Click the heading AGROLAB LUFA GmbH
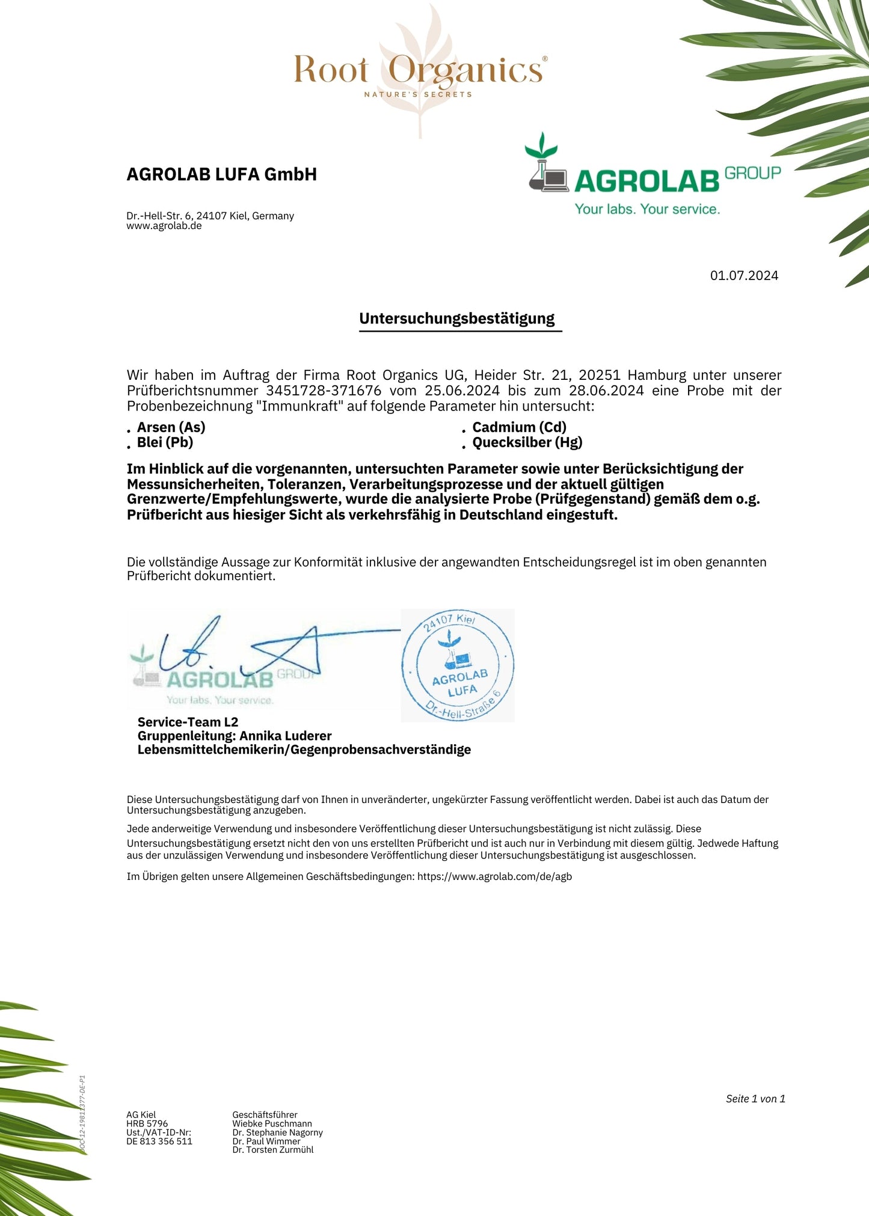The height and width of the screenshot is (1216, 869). click(x=221, y=174)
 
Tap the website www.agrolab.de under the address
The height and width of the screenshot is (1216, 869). click(x=164, y=226)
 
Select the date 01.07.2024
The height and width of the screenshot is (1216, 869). click(x=744, y=275)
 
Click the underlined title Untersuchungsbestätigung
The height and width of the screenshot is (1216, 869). click(x=457, y=319)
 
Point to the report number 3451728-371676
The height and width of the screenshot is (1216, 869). click(x=324, y=391)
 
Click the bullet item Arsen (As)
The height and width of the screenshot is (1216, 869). click(x=171, y=427)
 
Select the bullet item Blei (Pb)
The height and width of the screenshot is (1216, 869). click(x=165, y=442)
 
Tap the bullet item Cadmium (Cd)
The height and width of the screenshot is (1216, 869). click(x=519, y=427)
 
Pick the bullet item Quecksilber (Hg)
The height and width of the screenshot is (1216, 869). click(x=527, y=442)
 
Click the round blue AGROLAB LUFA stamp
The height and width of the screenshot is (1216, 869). click(x=458, y=665)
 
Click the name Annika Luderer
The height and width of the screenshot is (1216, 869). click(x=286, y=736)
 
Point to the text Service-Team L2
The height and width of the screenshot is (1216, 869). click(x=188, y=722)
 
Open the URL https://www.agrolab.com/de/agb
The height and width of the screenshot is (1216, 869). click(x=494, y=876)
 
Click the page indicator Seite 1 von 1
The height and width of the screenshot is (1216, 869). click(x=755, y=1099)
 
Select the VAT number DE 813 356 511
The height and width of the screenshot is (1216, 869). click(x=159, y=1141)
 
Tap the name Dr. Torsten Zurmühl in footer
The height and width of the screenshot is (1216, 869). click(x=273, y=1150)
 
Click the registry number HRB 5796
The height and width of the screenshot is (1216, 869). click(x=147, y=1123)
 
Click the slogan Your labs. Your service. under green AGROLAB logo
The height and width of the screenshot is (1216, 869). click(x=647, y=209)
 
